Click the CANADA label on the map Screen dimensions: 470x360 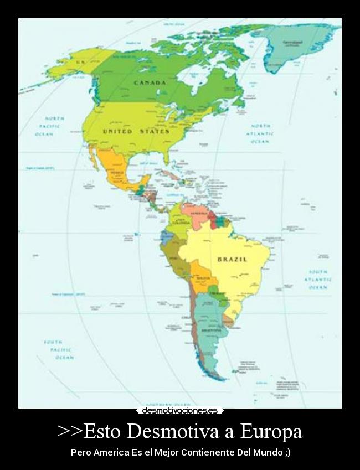150,83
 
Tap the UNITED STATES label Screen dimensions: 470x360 136,131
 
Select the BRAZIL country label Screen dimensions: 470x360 232,259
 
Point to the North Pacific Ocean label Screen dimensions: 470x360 54,126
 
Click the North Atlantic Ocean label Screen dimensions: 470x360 260,133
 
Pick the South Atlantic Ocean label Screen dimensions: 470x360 318,280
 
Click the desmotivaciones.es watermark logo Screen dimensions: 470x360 179,411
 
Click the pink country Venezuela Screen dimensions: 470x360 198,214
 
